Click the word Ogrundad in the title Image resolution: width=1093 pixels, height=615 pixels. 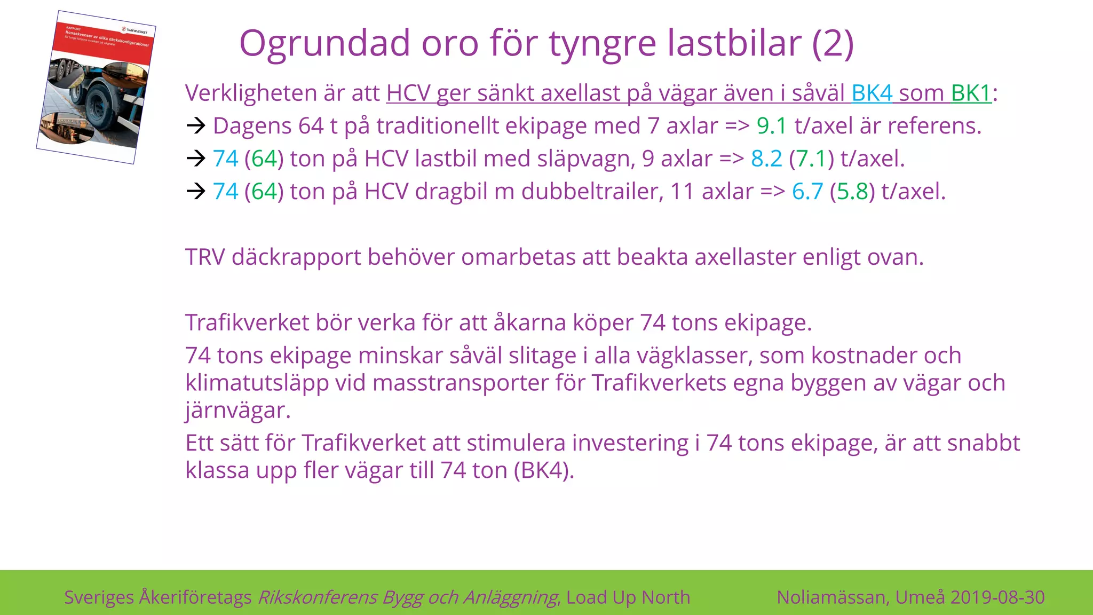[324, 44]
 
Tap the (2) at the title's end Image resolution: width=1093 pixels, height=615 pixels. [833, 44]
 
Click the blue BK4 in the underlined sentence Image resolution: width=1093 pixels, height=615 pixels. [872, 93]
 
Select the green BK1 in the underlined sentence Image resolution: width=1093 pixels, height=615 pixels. [971, 93]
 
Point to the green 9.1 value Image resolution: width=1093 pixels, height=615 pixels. [772, 126]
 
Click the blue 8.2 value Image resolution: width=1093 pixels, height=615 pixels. [766, 159]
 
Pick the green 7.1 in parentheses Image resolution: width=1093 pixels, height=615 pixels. [811, 159]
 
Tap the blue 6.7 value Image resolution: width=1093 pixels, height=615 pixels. [807, 191]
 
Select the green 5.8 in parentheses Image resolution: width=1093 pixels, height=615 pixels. [852, 191]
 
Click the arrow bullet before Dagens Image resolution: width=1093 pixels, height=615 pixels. [196, 126]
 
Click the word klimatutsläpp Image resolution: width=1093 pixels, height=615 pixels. [257, 383]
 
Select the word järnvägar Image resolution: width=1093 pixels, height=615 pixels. [238, 411]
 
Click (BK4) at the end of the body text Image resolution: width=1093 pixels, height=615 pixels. [544, 470]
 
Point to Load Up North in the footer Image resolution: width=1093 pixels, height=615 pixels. [628, 597]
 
